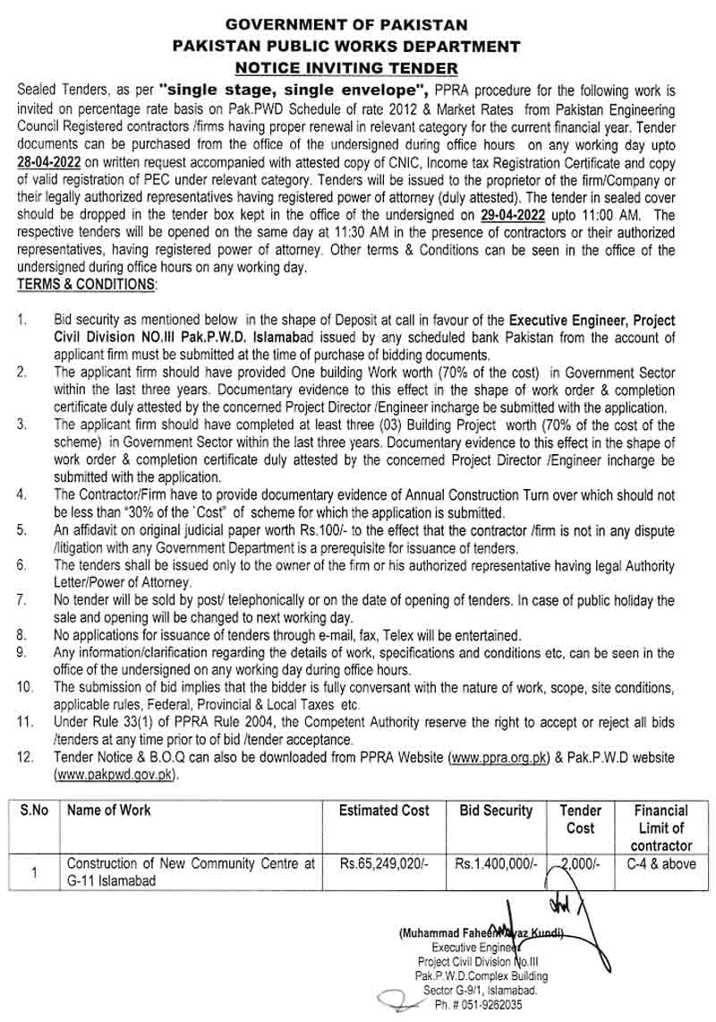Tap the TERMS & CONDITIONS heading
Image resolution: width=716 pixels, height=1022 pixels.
point(86,286)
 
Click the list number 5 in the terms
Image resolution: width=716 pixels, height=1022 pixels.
point(22,530)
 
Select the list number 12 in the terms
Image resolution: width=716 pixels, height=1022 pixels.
point(26,758)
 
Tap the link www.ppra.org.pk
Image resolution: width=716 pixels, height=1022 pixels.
point(497,758)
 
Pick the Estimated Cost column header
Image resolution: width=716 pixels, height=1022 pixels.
point(384,811)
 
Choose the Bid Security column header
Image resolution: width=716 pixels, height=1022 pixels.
point(496,811)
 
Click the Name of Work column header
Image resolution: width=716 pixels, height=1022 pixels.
point(109,811)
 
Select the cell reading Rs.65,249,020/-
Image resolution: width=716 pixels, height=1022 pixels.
point(384,864)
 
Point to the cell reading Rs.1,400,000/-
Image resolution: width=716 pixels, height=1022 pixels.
point(496,864)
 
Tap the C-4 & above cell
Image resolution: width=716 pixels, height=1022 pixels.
point(661,864)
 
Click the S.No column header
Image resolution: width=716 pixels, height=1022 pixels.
point(35,811)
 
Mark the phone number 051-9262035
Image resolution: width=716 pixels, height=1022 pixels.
point(494,1005)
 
